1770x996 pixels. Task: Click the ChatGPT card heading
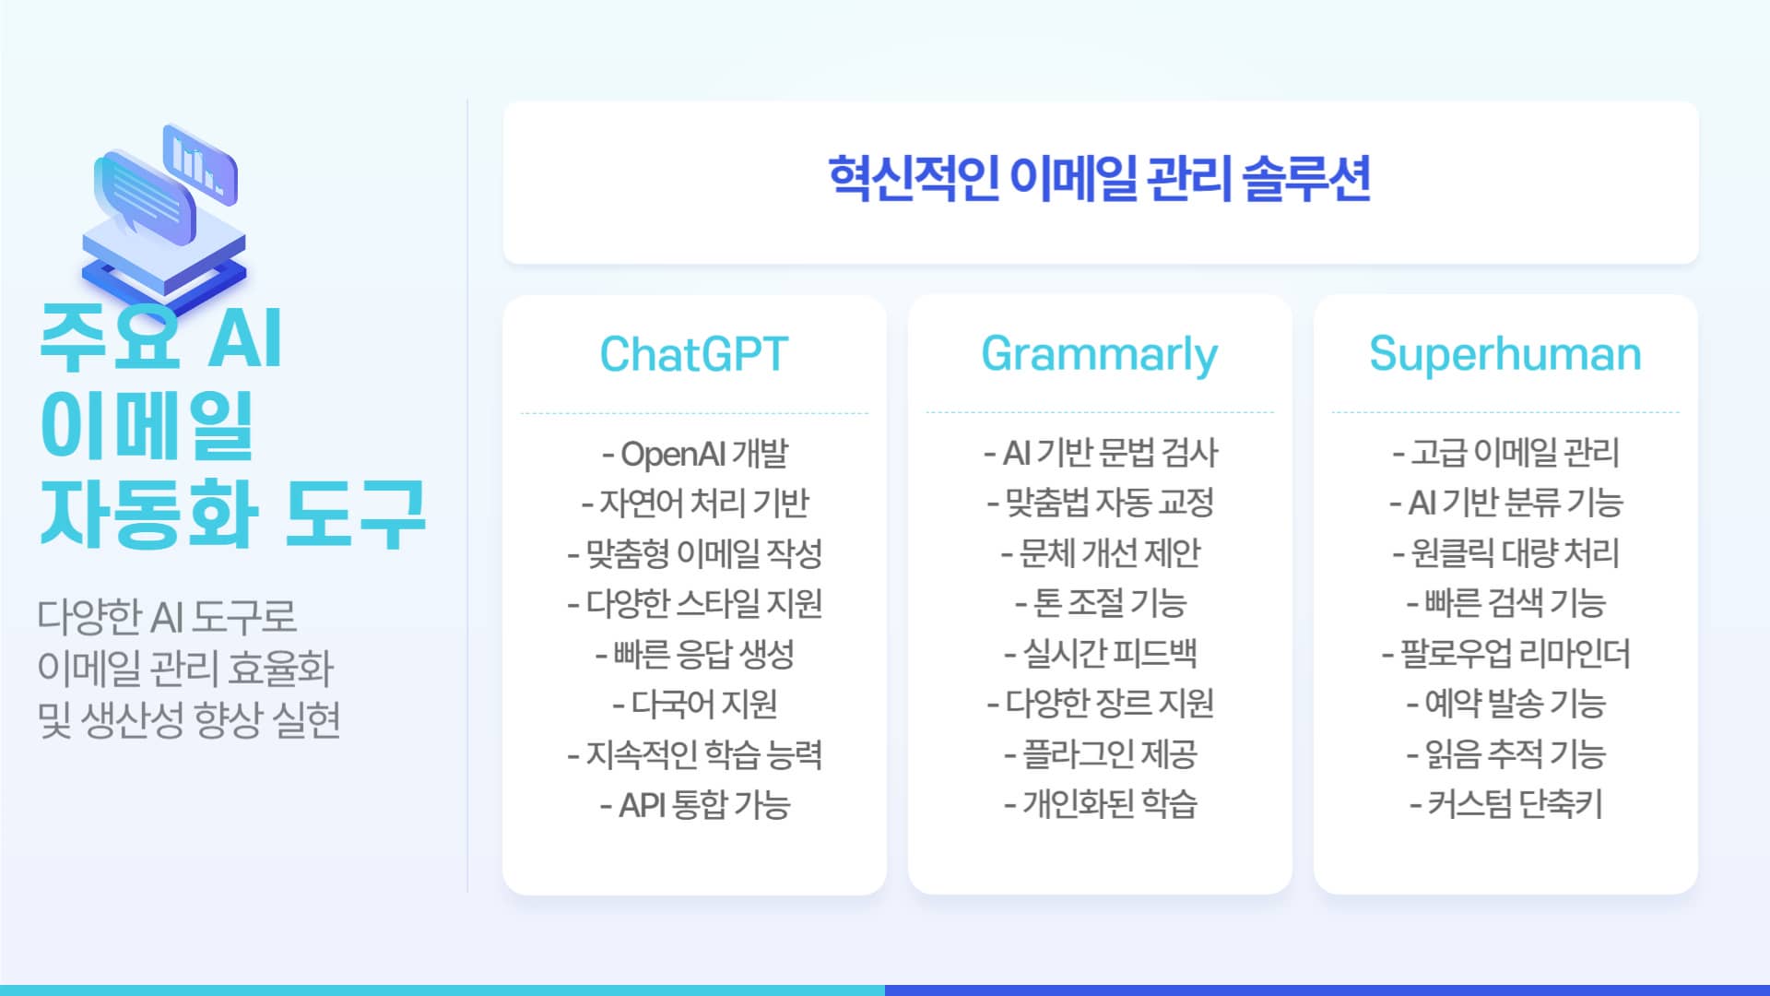tap(694, 354)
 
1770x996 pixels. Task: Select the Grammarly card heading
tap(1100, 355)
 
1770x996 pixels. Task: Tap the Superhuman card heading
tap(1505, 354)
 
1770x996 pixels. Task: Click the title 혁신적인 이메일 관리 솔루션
tap(1100, 179)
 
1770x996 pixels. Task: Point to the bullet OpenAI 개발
tap(695, 454)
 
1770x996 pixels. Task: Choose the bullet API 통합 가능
tap(695, 805)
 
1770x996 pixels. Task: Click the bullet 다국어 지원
tap(695, 705)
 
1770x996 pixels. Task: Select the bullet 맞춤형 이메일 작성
tap(695, 553)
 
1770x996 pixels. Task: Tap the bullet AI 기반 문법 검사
tap(1101, 453)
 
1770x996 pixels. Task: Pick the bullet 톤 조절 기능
tap(1101, 604)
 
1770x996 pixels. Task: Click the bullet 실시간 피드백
tap(1101, 654)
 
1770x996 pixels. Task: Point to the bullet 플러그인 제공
tap(1101, 754)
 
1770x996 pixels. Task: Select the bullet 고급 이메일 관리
tap(1506, 453)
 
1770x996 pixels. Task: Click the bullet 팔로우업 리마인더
tap(1506, 654)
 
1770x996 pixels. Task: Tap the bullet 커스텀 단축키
tap(1506, 804)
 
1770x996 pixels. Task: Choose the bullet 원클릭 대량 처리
tap(1506, 553)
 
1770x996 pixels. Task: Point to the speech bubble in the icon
tap(145, 197)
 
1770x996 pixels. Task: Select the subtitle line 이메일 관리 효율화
tap(185, 669)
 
